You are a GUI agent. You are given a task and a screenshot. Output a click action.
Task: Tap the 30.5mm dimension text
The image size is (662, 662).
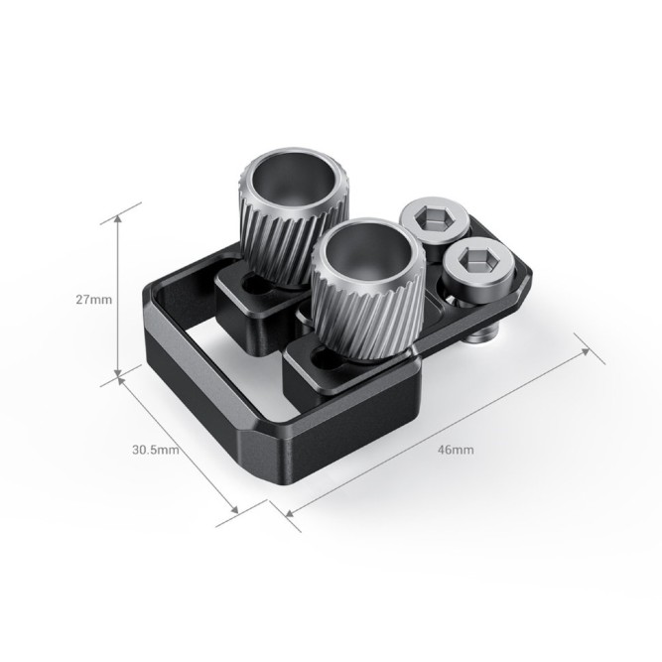155,449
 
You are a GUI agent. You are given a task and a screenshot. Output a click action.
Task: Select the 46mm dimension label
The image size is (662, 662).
456,449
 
